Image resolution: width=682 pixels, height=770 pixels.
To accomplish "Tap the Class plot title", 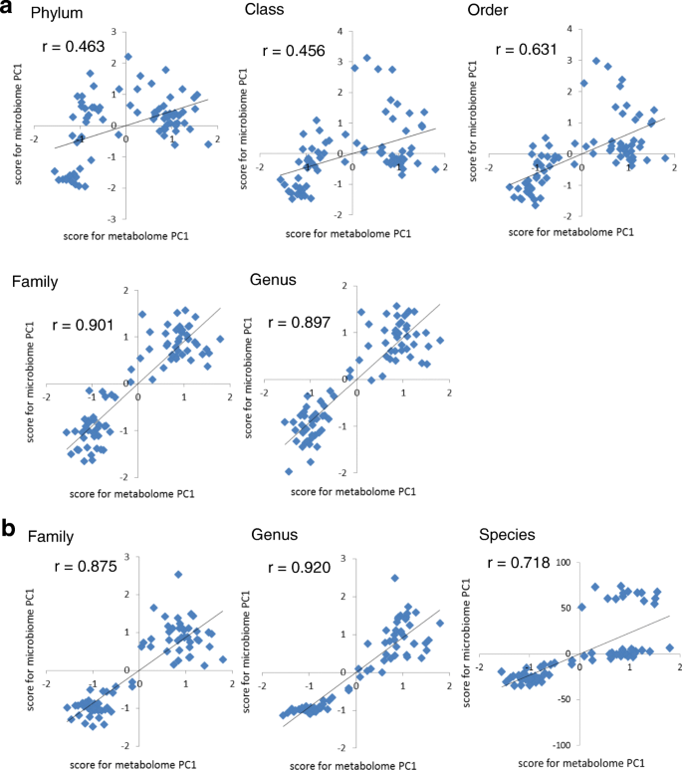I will [x=266, y=11].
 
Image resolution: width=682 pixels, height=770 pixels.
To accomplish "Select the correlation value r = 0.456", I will [x=293, y=52].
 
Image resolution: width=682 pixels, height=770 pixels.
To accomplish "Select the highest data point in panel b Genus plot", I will [x=394, y=578].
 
